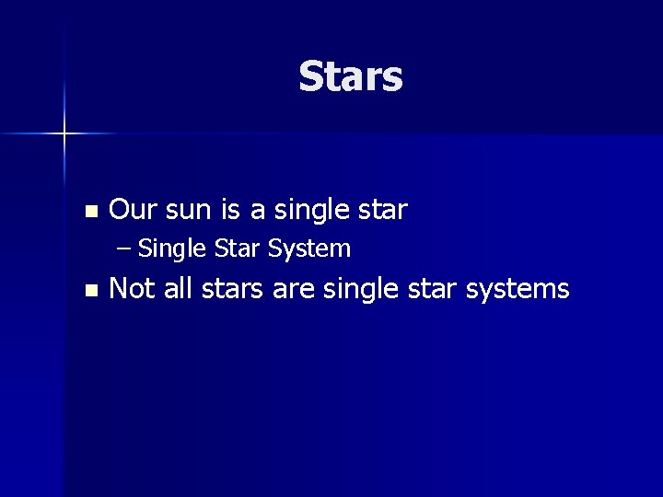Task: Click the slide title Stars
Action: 351,77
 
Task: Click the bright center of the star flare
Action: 65,134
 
